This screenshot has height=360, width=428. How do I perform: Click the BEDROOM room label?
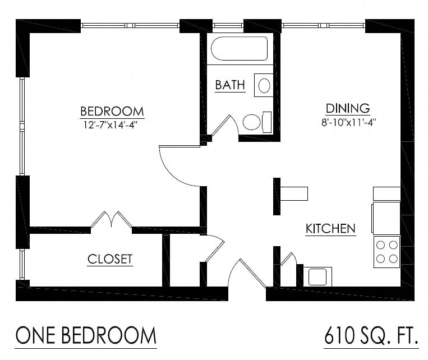pyautogui.click(x=112, y=111)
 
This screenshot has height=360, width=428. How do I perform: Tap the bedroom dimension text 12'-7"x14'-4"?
pyautogui.click(x=112, y=124)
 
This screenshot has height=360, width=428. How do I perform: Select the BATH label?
pyautogui.click(x=230, y=85)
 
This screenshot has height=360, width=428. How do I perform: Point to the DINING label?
pyautogui.click(x=348, y=108)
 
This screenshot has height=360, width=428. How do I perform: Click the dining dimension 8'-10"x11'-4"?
pyautogui.click(x=348, y=122)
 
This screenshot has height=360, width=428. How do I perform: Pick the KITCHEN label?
pyautogui.click(x=330, y=229)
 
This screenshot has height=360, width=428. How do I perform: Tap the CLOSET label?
pyautogui.click(x=110, y=259)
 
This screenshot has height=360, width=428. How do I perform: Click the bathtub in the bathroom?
pyautogui.click(x=239, y=49)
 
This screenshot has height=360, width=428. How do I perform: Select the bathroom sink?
pyautogui.click(x=264, y=85)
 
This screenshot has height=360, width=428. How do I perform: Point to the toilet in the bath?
pyautogui.click(x=256, y=122)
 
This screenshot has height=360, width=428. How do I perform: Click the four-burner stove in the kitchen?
pyautogui.click(x=386, y=251)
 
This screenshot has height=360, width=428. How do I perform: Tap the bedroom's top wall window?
pyautogui.click(x=130, y=25)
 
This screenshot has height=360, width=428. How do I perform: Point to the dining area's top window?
pyautogui.click(x=323, y=25)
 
